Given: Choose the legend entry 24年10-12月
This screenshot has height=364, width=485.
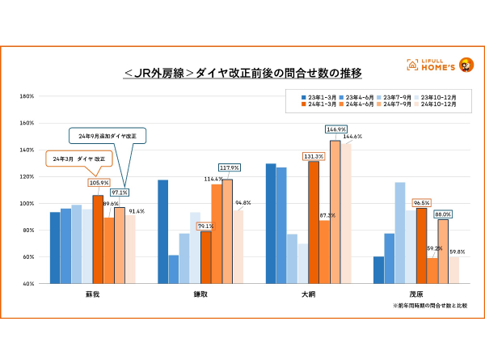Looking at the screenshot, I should (437, 104).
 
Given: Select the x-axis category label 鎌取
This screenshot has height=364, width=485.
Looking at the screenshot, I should (200, 294).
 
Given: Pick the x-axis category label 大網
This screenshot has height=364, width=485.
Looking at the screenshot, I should (308, 294).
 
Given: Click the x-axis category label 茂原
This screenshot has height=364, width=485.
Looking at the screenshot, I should (416, 294).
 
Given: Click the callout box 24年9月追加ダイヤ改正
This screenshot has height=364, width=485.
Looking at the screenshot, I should (106, 133).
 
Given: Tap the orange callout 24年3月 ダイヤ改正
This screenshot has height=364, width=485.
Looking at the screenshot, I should (78, 159).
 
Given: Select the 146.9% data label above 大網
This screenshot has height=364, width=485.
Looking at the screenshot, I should (335, 129).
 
